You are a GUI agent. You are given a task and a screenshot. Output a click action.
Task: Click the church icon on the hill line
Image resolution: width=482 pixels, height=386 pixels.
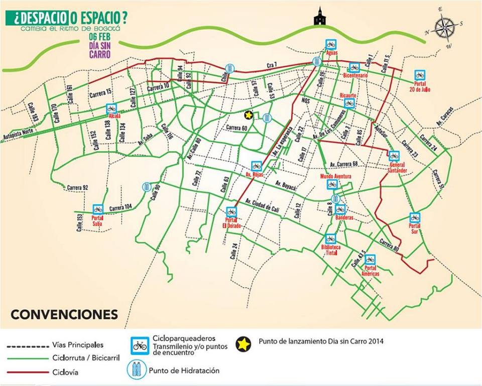319,17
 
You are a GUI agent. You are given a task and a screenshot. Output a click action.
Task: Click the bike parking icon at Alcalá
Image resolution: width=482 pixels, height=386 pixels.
111,108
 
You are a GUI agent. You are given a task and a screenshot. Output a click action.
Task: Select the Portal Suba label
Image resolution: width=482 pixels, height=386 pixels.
97,221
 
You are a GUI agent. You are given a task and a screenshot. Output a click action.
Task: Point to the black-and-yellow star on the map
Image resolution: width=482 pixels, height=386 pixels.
248,115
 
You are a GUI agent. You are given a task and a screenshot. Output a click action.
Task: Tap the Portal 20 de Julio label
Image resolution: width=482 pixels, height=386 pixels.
420,86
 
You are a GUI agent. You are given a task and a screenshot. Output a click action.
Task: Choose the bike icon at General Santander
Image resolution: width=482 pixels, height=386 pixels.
394,156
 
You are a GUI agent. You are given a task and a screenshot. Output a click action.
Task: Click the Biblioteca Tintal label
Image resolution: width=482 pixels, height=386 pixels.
330,250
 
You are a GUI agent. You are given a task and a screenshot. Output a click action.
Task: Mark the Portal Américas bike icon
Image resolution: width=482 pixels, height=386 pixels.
370,260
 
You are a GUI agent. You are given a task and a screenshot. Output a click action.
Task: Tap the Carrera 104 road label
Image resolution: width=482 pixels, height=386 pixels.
120,207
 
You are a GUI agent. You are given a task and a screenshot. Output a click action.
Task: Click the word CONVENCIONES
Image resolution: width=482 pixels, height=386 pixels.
64,315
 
